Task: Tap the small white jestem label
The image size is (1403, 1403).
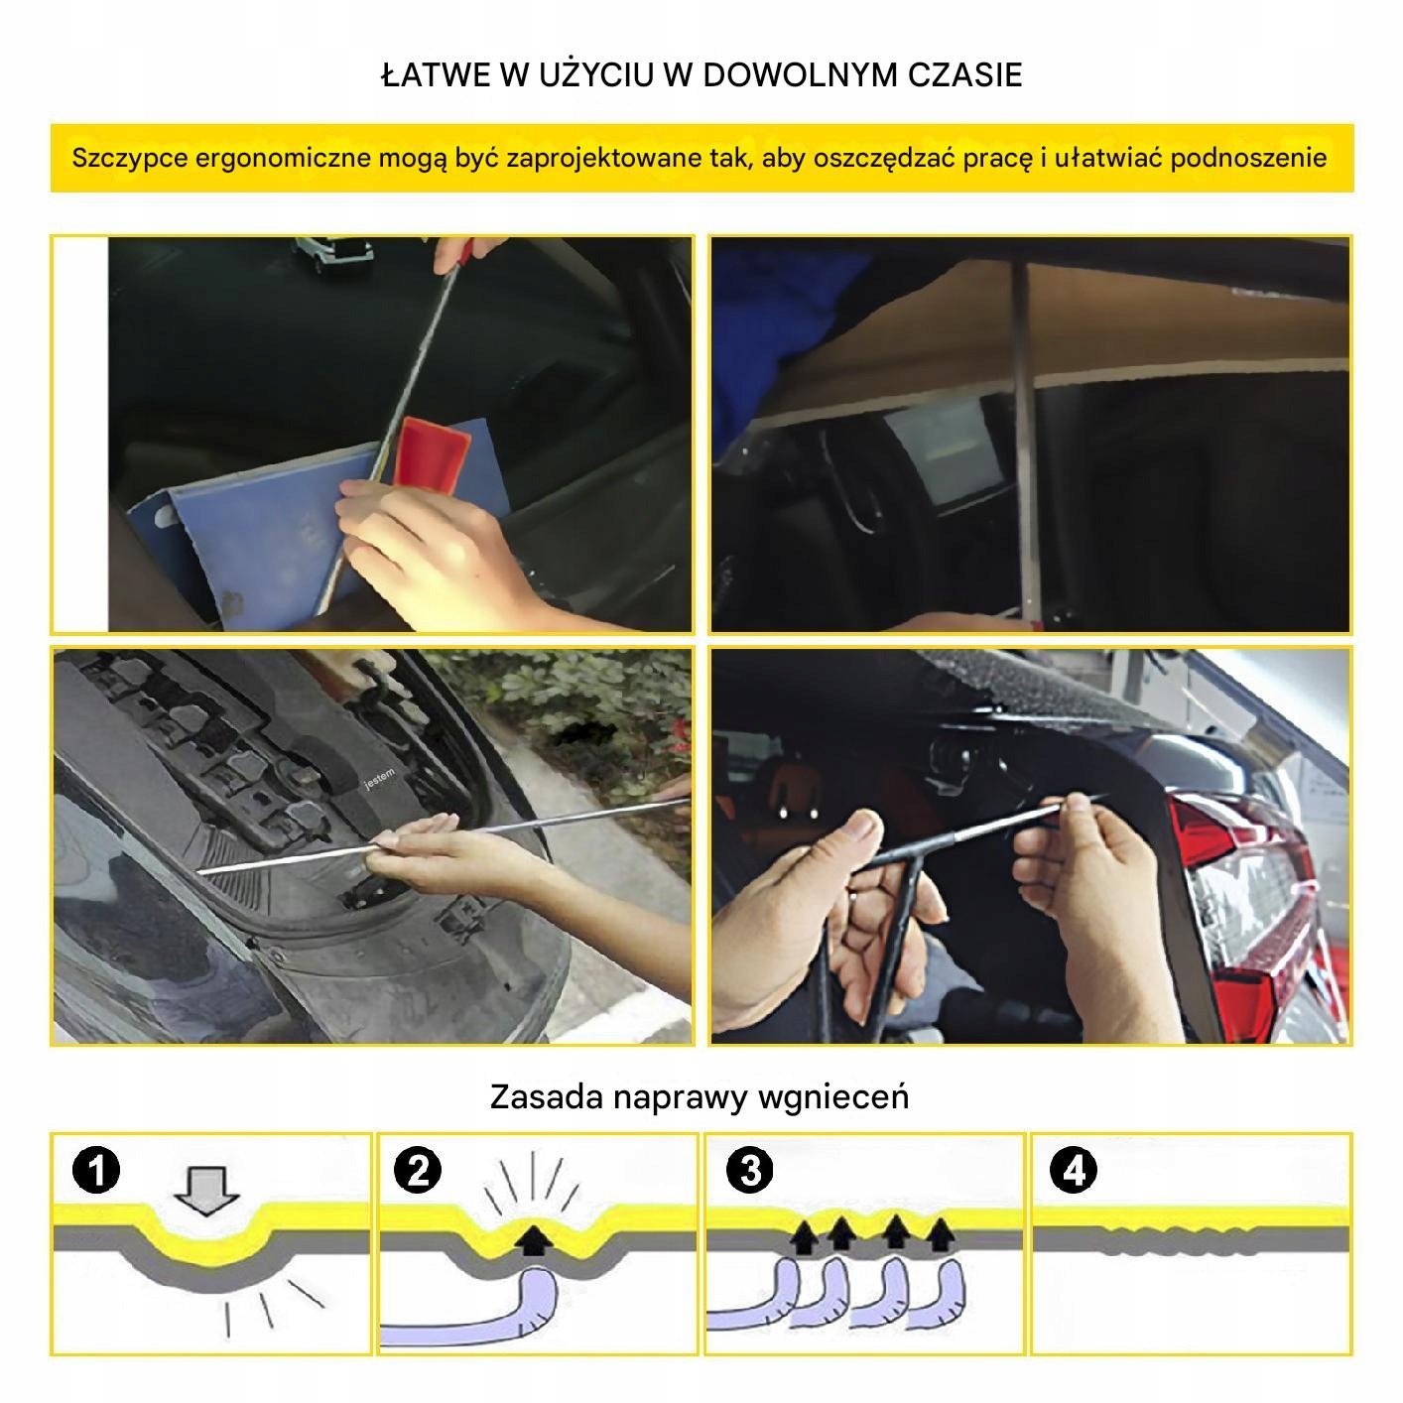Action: (379, 778)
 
